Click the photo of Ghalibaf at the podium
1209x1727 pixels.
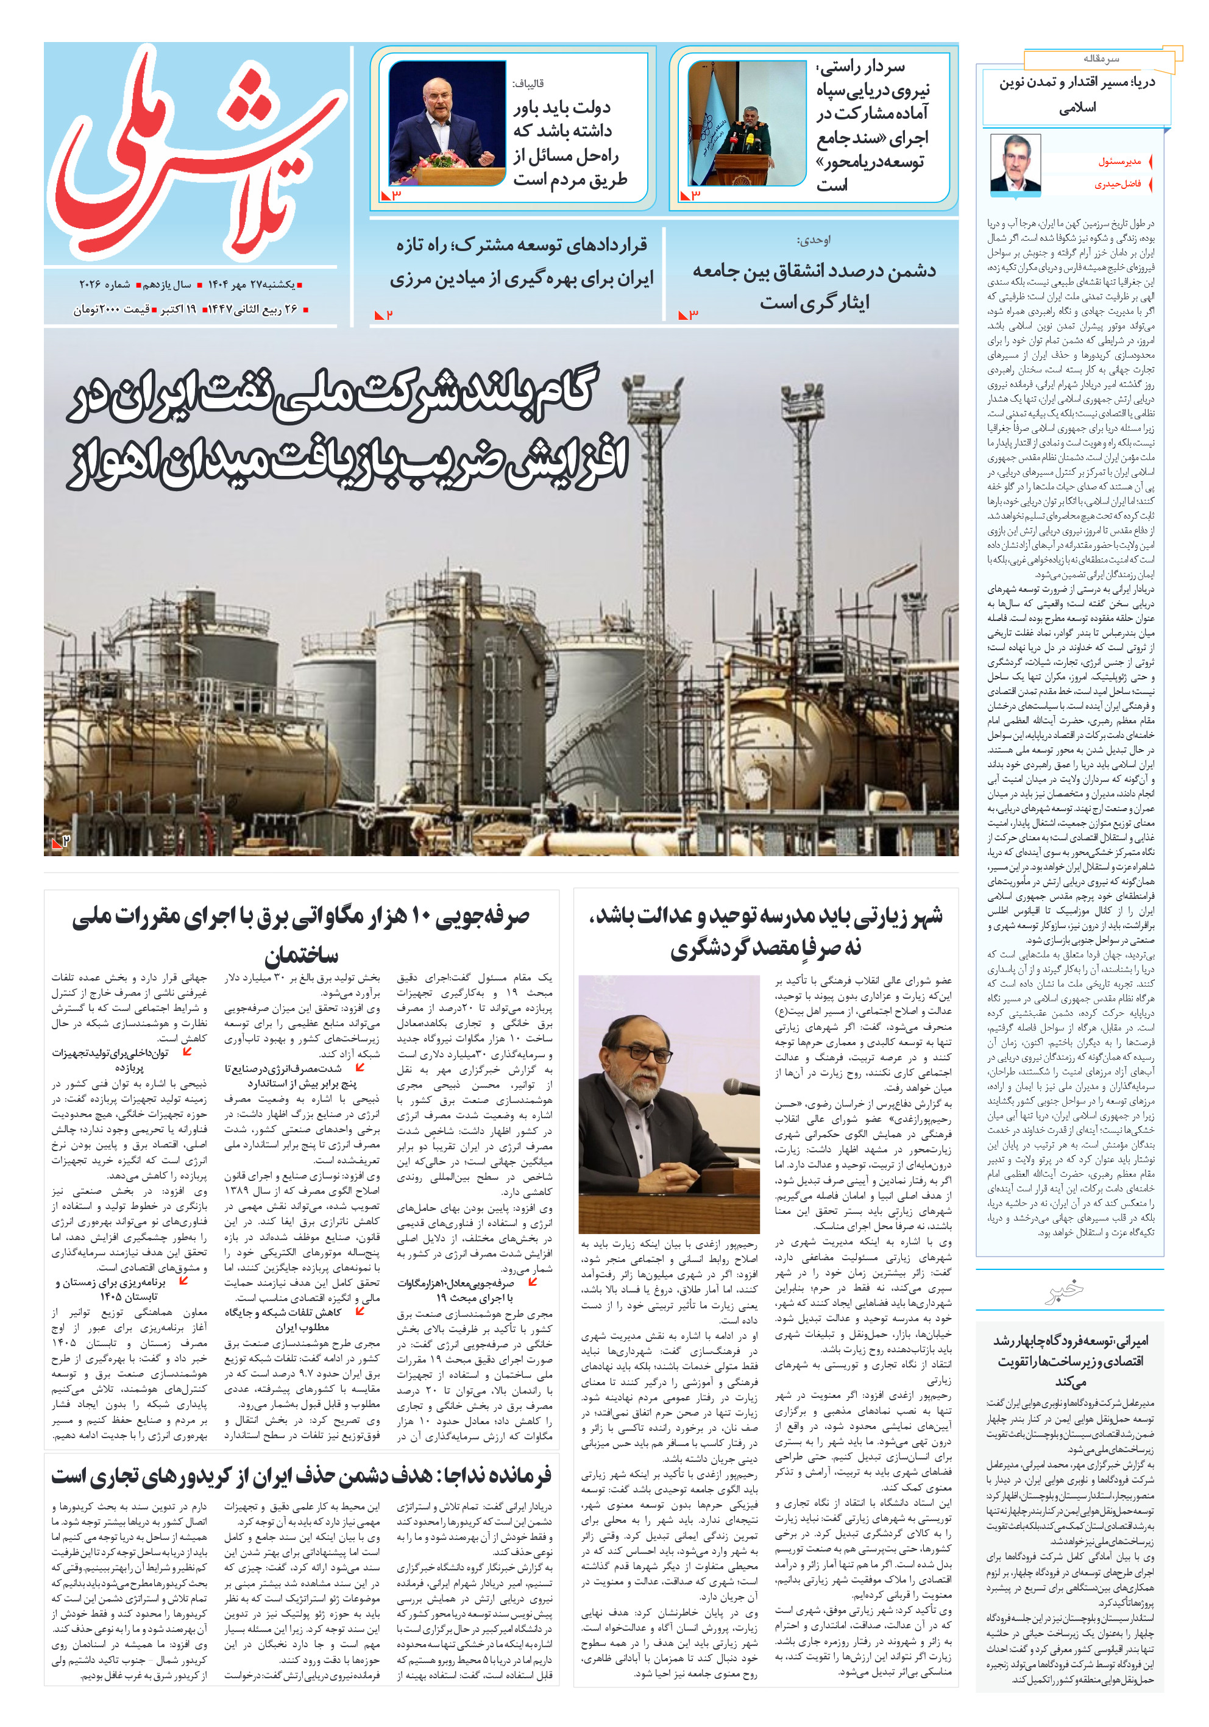pos(447,123)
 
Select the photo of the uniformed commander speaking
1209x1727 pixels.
pos(746,123)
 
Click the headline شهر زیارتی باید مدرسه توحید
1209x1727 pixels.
pos(766,931)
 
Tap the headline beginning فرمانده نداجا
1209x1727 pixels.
pos(301,1476)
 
